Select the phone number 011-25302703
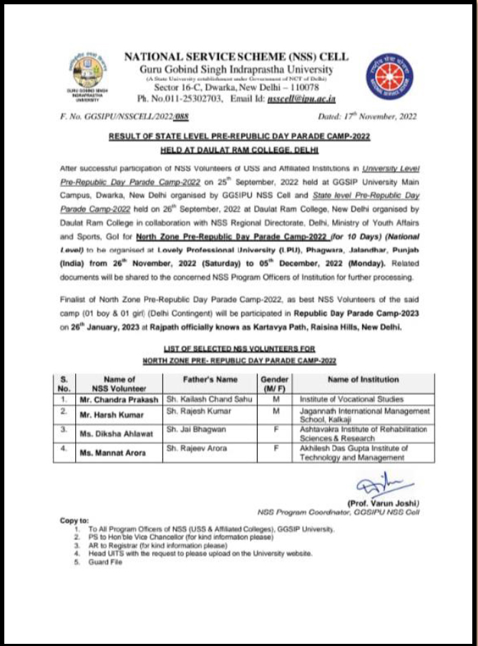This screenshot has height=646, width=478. pyautogui.click(x=181, y=99)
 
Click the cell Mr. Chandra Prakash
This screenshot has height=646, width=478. pyautogui.click(x=119, y=399)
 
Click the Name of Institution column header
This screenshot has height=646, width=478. pyautogui.click(x=364, y=379)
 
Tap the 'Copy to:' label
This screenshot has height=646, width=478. pyautogui.click(x=74, y=521)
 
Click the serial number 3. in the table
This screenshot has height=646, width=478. pyautogui.click(x=63, y=430)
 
